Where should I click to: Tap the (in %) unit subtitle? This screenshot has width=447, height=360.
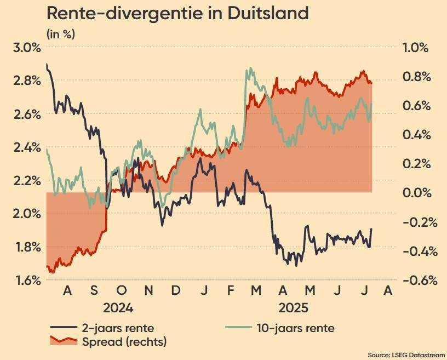pyautogui.click(x=61, y=34)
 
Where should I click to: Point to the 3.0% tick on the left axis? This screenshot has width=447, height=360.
pyautogui.click(x=26, y=47)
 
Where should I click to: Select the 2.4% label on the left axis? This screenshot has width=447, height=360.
pyautogui.click(x=26, y=147)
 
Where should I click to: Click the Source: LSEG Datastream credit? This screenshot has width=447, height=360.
pyautogui.click(x=404, y=354)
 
